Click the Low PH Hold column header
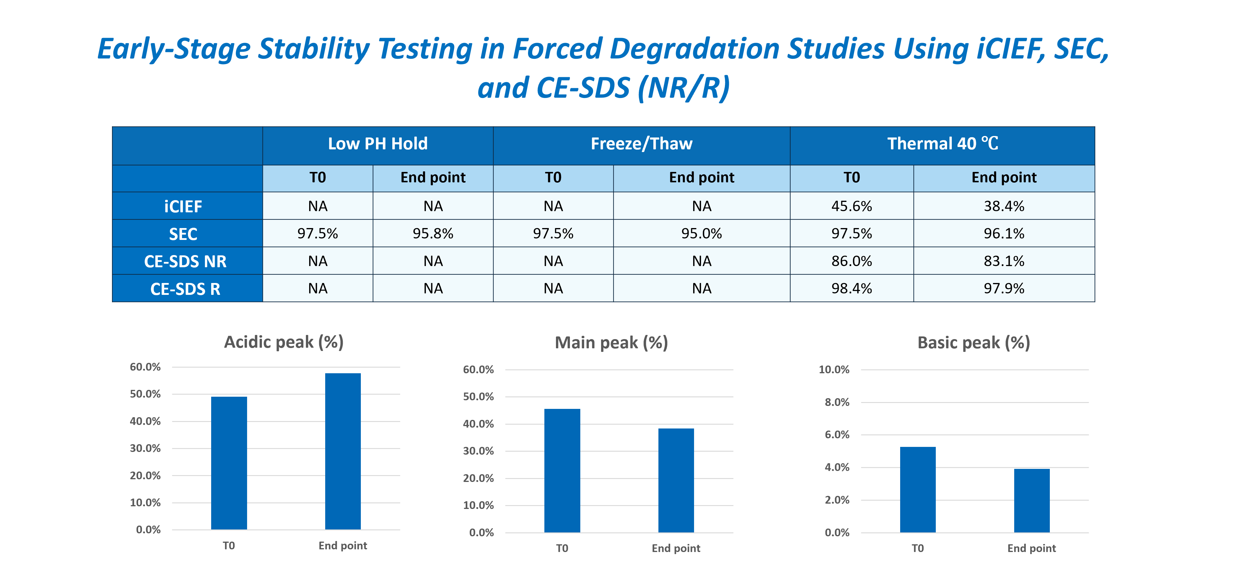coord(377,144)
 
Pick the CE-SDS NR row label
coord(185,261)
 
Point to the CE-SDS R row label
coord(185,289)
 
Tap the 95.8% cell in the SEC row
coord(433,234)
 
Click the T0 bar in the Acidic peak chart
coord(229,463)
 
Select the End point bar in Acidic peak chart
coord(343,451)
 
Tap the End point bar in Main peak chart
coord(676,480)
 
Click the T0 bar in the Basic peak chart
coord(918,490)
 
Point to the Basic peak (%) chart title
coord(974,342)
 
